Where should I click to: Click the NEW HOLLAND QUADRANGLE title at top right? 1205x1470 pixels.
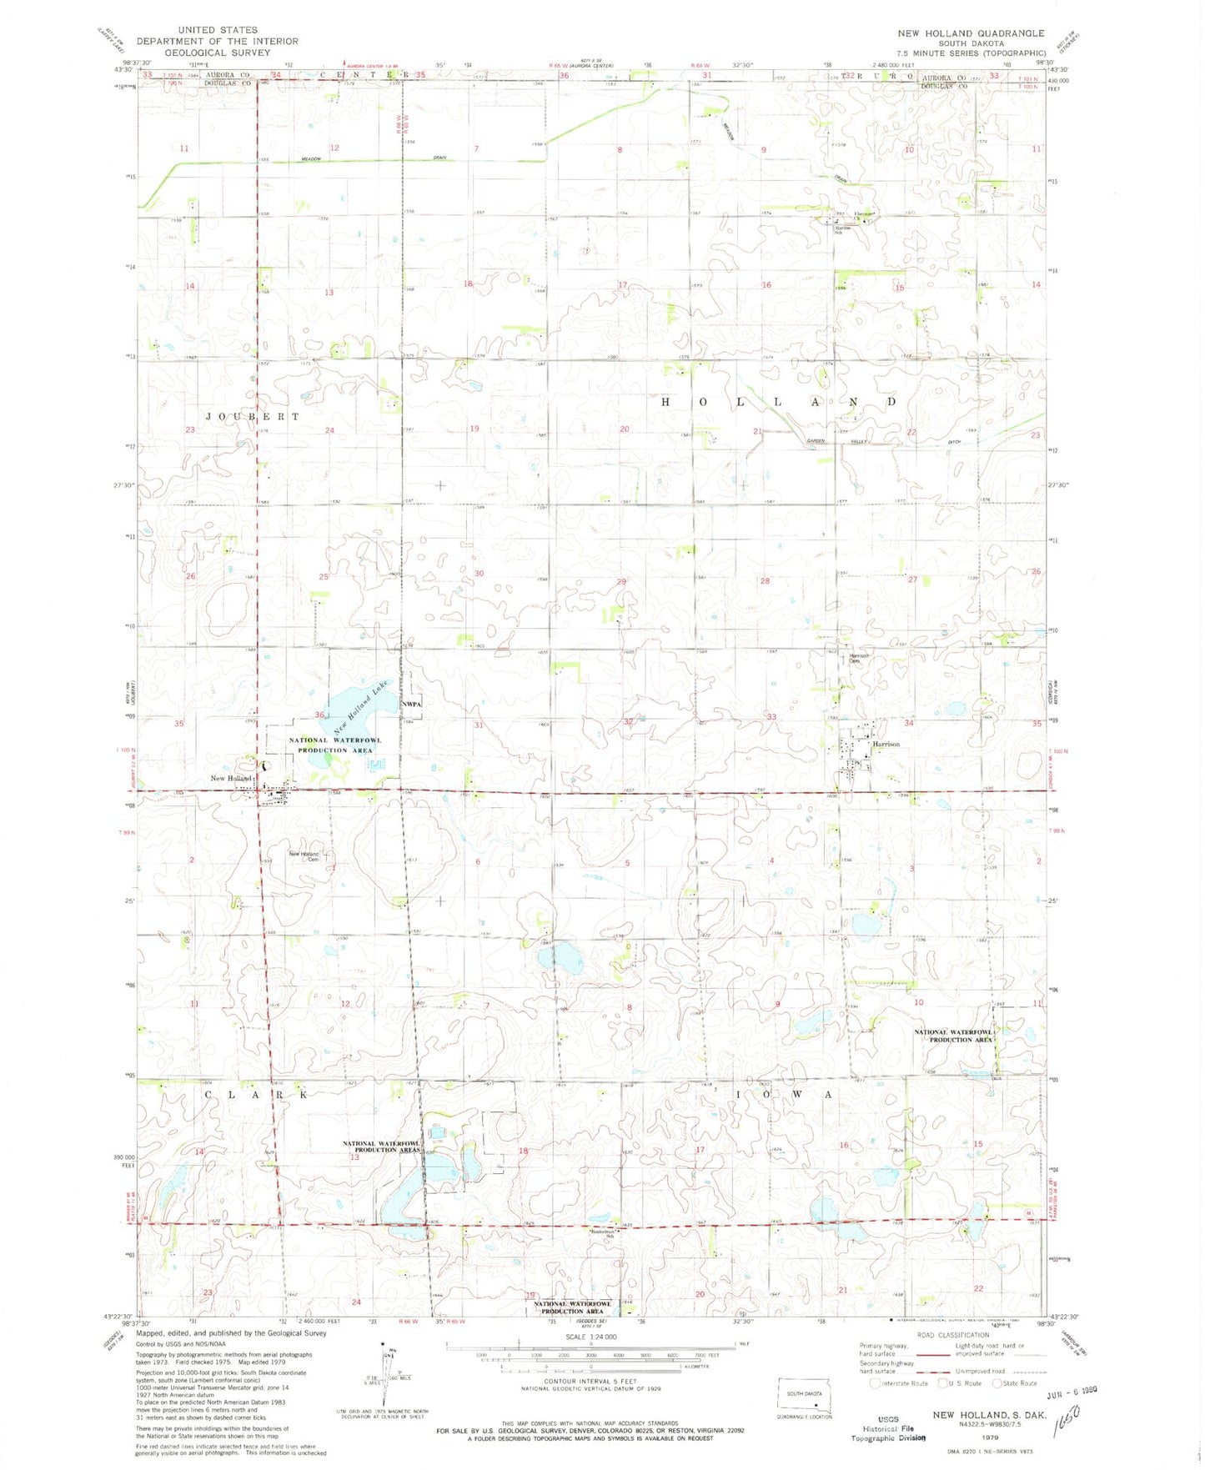pyautogui.click(x=970, y=33)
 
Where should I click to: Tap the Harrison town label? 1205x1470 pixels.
pyautogui.click(x=886, y=744)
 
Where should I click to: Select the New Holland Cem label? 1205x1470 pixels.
pyautogui.click(x=304, y=855)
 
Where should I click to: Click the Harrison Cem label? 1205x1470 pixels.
pyautogui.click(x=859, y=658)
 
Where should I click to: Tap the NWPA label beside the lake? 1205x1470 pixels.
pyautogui.click(x=412, y=705)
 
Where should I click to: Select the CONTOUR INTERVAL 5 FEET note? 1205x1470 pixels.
pyautogui.click(x=590, y=1381)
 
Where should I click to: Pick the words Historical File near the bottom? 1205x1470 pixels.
pyautogui.click(x=888, y=1428)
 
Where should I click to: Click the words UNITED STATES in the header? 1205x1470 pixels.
pyautogui.click(x=218, y=30)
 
